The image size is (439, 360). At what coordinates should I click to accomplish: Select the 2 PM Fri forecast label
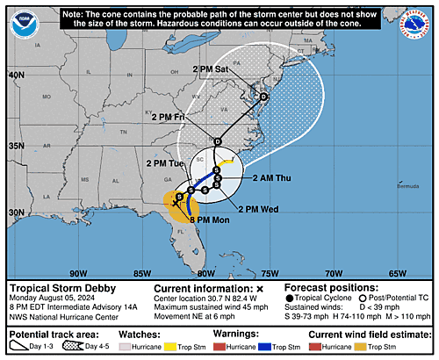[x=173, y=117]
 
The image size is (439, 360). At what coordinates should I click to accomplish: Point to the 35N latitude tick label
[x=15, y=146]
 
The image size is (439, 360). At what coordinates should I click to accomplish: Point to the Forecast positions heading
[x=329, y=288]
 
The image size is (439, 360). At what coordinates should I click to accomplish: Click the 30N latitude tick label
[x=15, y=212]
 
